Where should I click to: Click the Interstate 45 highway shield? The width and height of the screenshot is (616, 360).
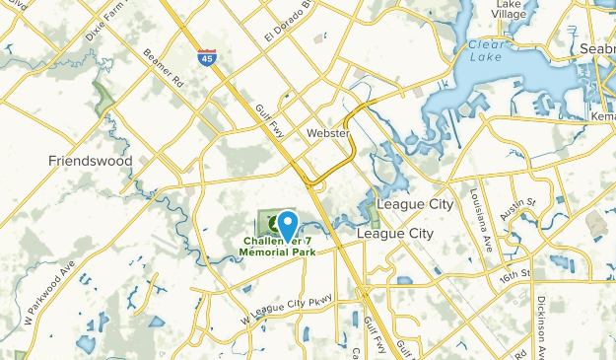click(207, 57)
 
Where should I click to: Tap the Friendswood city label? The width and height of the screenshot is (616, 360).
click(91, 159)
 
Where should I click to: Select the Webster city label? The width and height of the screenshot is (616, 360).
click(328, 132)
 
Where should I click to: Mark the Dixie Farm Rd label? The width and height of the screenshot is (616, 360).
click(108, 20)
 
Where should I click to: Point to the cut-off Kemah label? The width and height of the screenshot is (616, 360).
click(603, 116)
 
